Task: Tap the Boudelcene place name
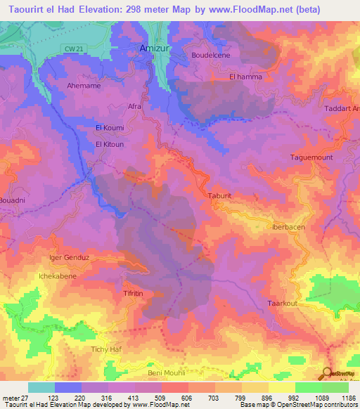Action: (211, 55)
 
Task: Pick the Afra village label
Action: (134, 106)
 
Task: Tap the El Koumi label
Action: (109, 128)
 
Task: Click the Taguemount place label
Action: (310, 157)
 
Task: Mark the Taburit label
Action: (219, 196)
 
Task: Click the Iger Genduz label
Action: (68, 257)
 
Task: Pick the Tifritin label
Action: (134, 292)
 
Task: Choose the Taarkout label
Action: (283, 304)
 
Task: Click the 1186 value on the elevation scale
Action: (347, 397)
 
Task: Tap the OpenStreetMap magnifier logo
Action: (328, 373)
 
